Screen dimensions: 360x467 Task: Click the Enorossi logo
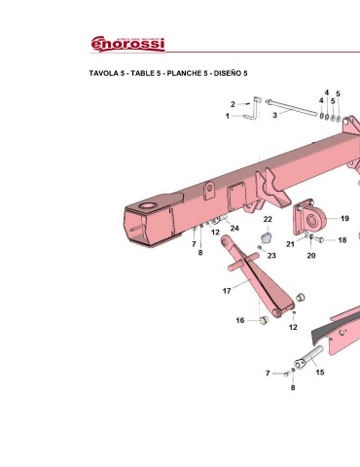click(x=127, y=44)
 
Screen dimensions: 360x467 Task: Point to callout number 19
click(x=344, y=219)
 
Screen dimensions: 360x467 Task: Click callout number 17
click(x=227, y=291)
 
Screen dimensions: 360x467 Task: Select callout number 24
click(x=234, y=229)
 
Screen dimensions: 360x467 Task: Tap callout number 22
click(x=268, y=219)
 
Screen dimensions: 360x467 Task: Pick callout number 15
click(x=320, y=373)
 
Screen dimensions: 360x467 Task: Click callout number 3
click(x=274, y=115)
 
